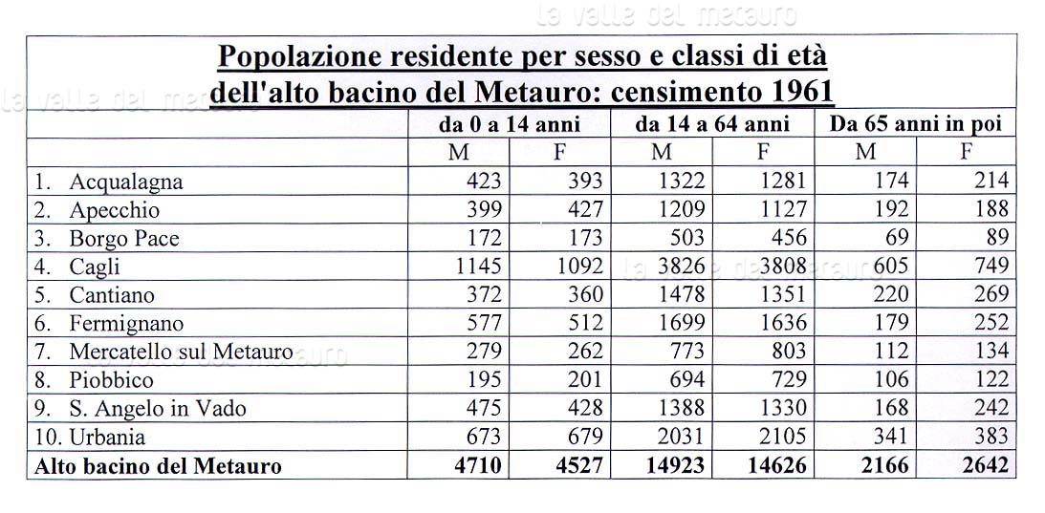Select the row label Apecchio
pos(114,210)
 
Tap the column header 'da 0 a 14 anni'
pos(510,124)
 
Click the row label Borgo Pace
pos(123,239)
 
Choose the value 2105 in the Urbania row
pos(785,438)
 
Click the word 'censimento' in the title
pos(692,93)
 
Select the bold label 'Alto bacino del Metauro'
pos(159,467)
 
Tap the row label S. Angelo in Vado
pos(157,409)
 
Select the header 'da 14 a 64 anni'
pos(712,124)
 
